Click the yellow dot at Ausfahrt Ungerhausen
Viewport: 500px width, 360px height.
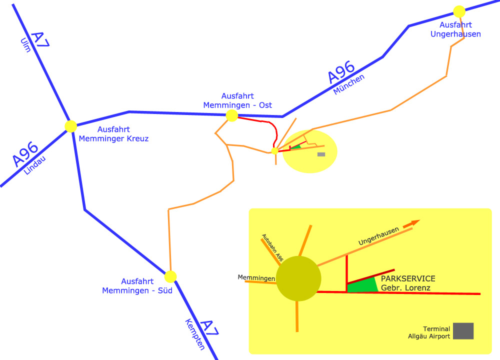459,11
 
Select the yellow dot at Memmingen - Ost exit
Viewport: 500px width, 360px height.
232,116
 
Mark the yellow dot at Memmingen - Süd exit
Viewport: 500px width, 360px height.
171,276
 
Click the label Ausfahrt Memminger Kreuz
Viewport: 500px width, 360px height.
114,134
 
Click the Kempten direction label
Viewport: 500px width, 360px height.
194,334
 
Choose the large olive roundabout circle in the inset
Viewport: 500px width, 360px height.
298,278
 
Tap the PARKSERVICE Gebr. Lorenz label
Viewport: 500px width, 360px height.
408,283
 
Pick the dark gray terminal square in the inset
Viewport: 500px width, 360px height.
463,331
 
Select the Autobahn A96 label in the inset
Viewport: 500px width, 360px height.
273,248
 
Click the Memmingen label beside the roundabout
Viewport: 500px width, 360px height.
256,278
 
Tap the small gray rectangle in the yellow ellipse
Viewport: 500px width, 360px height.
321,154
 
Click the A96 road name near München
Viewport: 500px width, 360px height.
341,72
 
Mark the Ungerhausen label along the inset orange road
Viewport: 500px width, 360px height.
378,236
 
